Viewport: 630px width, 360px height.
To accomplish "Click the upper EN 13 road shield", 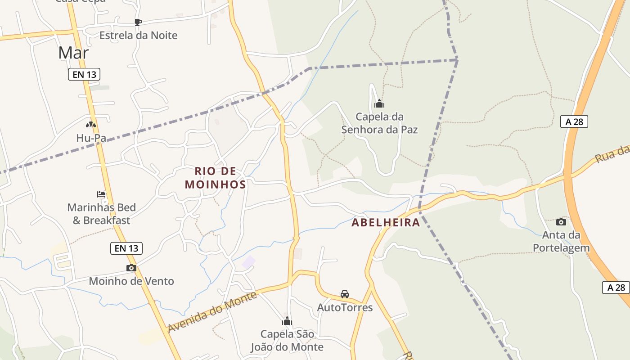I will (x=84, y=74).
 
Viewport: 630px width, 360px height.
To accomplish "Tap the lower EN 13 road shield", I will (x=126, y=248).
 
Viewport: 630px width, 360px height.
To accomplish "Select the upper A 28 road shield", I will (x=574, y=121).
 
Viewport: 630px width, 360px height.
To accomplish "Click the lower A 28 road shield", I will (x=616, y=288).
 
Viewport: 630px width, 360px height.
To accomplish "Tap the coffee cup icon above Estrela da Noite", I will (x=138, y=22).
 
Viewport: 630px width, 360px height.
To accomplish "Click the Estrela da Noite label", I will (x=138, y=35).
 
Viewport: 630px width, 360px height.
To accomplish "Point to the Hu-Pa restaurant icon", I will (x=91, y=125).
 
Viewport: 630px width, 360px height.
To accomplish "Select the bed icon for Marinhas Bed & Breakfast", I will (x=102, y=194).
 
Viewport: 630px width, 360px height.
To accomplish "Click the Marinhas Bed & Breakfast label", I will (x=101, y=214).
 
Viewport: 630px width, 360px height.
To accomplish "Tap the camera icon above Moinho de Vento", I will (x=131, y=268).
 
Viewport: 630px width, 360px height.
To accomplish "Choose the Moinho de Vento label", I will (x=131, y=281).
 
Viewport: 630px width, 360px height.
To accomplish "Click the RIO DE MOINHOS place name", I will (x=216, y=178).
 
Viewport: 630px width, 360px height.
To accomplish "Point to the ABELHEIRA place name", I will (x=386, y=222).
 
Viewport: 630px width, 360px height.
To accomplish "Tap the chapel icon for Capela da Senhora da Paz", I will (x=379, y=103).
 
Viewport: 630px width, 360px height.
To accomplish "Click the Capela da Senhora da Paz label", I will (x=379, y=123).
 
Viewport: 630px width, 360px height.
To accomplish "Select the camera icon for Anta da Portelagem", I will (x=561, y=222).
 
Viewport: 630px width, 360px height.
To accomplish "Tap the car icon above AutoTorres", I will (x=345, y=294).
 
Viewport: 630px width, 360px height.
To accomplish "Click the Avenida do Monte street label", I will (x=212, y=312).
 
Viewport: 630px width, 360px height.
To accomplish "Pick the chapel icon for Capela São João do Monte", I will (x=287, y=321).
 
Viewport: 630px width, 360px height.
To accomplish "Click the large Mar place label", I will (x=73, y=53).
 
